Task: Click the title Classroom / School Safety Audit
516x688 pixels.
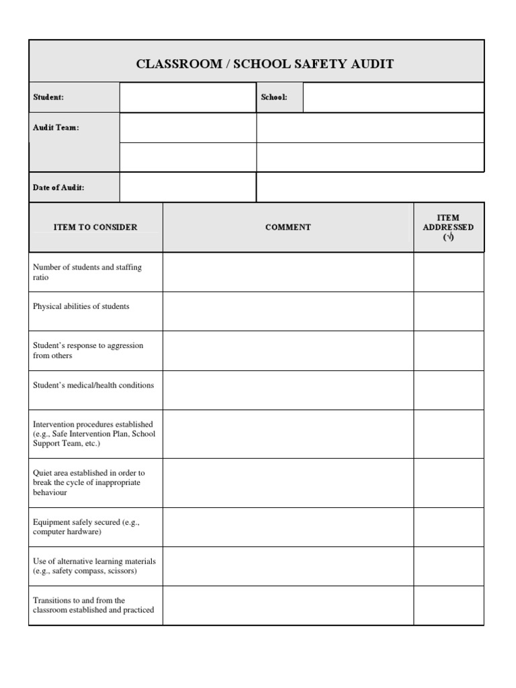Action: click(265, 64)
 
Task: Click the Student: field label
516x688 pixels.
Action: click(48, 97)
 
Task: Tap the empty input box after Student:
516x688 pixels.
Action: click(187, 97)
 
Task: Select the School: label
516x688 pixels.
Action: click(273, 97)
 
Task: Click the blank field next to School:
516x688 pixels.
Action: click(393, 97)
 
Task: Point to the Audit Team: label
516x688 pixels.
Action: click(56, 128)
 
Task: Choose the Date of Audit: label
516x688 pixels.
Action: click(58, 187)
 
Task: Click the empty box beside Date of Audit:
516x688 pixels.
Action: click(187, 187)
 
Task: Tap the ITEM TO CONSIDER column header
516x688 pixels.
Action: click(95, 227)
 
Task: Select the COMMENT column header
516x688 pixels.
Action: click(288, 227)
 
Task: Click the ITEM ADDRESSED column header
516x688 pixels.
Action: click(448, 227)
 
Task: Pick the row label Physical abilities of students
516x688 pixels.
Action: click(81, 306)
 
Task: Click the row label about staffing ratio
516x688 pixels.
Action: click(87, 272)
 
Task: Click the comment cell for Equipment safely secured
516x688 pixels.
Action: click(288, 527)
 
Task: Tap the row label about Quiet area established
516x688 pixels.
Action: click(89, 482)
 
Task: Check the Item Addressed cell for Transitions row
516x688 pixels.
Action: click(448, 605)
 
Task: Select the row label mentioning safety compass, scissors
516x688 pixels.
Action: click(94, 566)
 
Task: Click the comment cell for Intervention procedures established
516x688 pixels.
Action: click(288, 434)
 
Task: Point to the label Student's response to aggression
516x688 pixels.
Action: click(88, 350)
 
